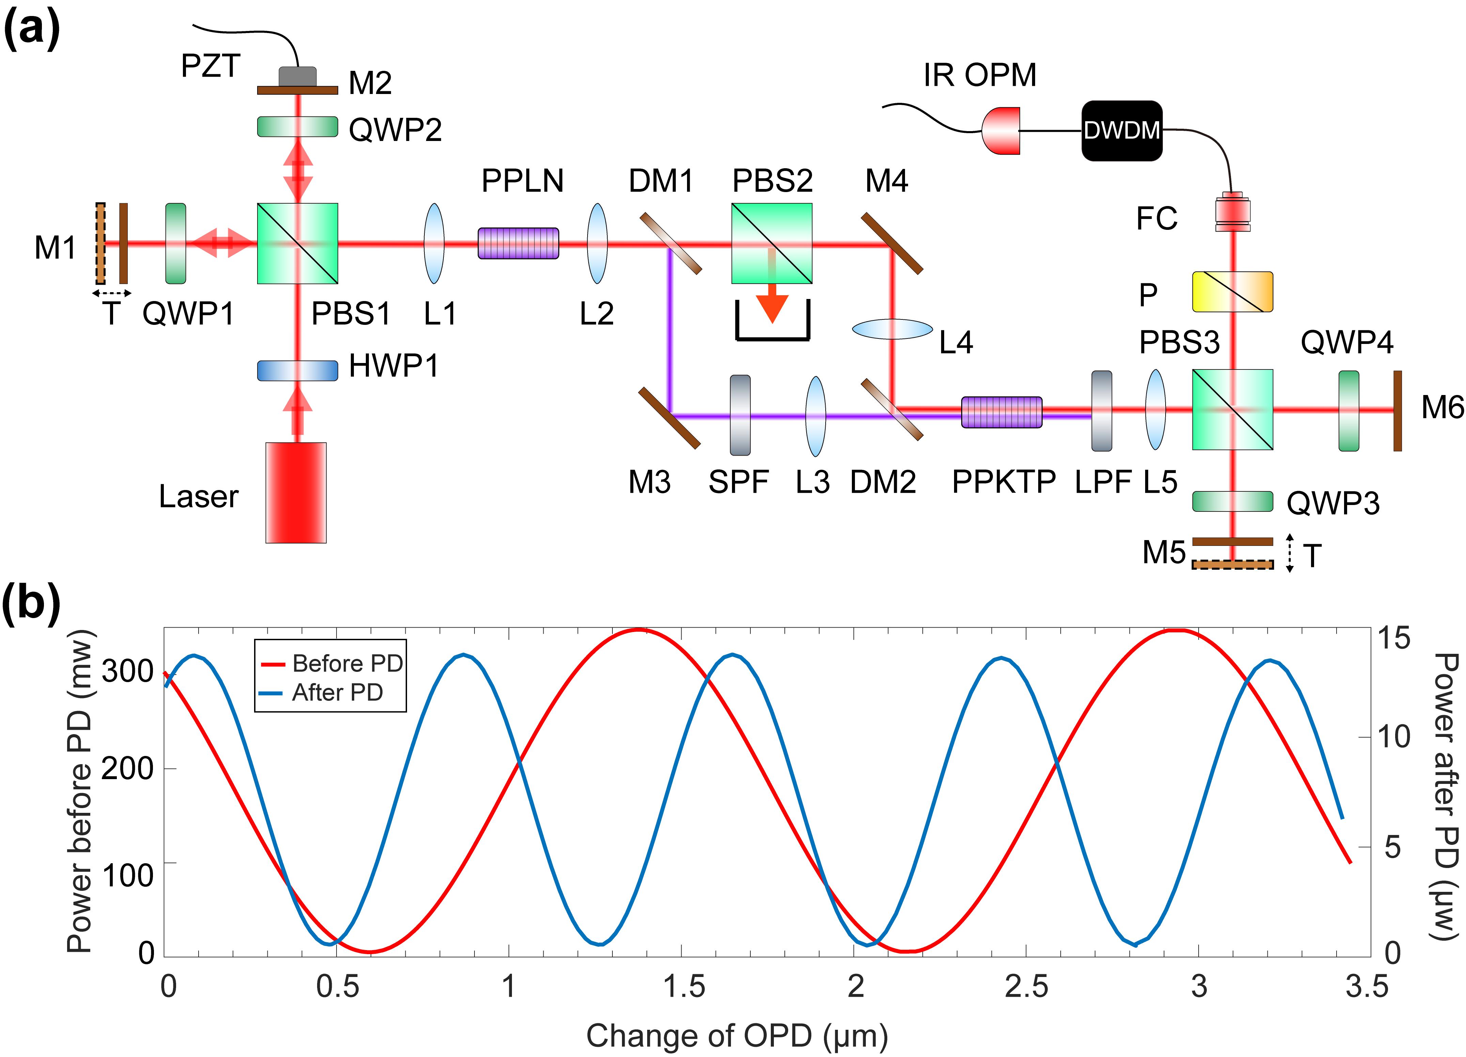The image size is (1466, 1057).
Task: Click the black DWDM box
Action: click(1122, 130)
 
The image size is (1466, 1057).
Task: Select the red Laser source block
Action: click(296, 492)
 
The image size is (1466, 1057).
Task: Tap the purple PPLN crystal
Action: click(518, 243)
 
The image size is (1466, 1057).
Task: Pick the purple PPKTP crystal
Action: click(1001, 412)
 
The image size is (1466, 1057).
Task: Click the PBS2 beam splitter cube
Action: click(772, 243)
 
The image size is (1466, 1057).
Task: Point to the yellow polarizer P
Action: click(1232, 292)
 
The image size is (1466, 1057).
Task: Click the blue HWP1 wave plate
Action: click(297, 370)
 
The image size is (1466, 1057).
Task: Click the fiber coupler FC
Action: click(1232, 211)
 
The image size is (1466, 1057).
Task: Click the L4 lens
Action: click(892, 329)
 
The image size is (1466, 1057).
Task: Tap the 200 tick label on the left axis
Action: click(127, 769)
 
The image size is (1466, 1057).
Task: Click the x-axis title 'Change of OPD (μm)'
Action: click(737, 1036)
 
